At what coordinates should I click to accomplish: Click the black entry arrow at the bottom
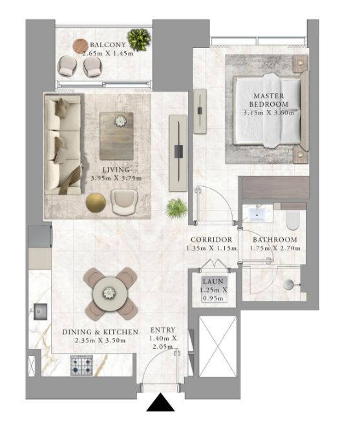pyautogui.click(x=160, y=402)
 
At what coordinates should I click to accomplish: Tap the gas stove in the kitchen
pyautogui.click(x=82, y=365)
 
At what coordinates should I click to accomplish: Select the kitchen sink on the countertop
pyautogui.click(x=40, y=312)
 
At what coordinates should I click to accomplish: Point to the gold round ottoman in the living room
pyautogui.click(x=96, y=202)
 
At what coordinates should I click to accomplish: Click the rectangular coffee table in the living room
pyautogui.click(x=116, y=136)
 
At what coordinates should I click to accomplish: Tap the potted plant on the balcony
pyautogui.click(x=139, y=39)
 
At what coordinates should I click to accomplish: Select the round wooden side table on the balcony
pyautogui.click(x=80, y=47)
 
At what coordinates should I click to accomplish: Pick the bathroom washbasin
pyautogui.click(x=257, y=214)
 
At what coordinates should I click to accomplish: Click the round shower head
pyautogui.click(x=288, y=285)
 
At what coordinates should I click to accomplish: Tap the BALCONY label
pyautogui.click(x=108, y=45)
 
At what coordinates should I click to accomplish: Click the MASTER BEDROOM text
pyautogui.click(x=268, y=100)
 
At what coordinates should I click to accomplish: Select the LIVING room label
pyautogui.click(x=116, y=169)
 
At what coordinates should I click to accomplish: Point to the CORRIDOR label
pyautogui.click(x=211, y=239)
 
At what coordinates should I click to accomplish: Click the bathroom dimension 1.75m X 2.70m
pyautogui.click(x=275, y=248)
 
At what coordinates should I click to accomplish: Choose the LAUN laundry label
pyautogui.click(x=213, y=281)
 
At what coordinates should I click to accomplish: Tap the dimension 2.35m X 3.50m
pyautogui.click(x=100, y=340)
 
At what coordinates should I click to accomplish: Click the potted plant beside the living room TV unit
pyautogui.click(x=176, y=208)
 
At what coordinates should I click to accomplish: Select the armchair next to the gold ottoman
pyautogui.click(x=124, y=202)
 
